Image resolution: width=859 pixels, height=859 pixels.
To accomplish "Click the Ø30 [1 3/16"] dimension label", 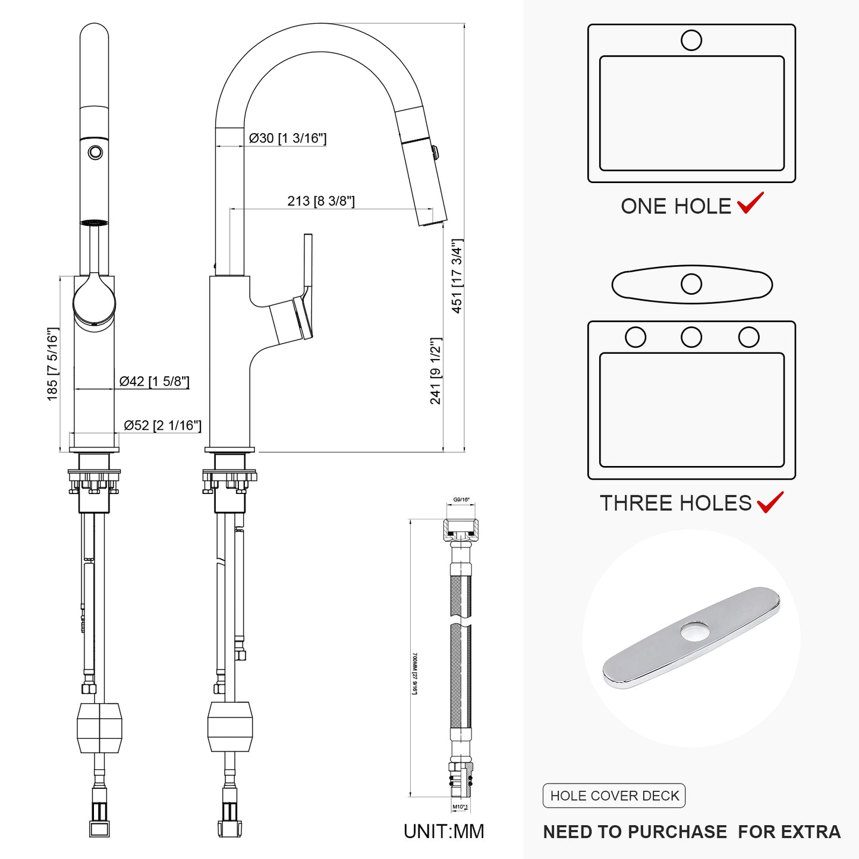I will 288,139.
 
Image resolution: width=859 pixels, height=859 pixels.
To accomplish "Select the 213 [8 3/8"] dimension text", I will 321,201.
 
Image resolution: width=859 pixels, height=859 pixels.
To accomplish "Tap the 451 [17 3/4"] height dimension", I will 457,276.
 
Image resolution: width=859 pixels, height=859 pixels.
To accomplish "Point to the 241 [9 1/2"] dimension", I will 436,371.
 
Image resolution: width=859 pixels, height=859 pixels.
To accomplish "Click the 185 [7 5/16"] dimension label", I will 53,364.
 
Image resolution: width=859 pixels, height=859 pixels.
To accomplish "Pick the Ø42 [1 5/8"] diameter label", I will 154,382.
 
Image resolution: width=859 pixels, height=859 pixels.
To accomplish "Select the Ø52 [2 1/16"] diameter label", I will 162,426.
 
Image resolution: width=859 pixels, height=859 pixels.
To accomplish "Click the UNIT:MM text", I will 443,831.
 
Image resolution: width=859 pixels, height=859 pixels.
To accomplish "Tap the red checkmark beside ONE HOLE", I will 750,203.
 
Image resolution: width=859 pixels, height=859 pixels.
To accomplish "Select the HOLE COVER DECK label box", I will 614,796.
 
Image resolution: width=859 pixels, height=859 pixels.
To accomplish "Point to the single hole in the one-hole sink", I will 691,40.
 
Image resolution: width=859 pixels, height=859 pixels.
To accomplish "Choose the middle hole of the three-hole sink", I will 691,337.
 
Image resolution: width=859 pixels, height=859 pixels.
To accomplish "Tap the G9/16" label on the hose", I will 461,500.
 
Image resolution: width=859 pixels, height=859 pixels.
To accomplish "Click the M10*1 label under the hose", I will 460,807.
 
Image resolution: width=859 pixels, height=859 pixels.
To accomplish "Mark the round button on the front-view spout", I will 95,152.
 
